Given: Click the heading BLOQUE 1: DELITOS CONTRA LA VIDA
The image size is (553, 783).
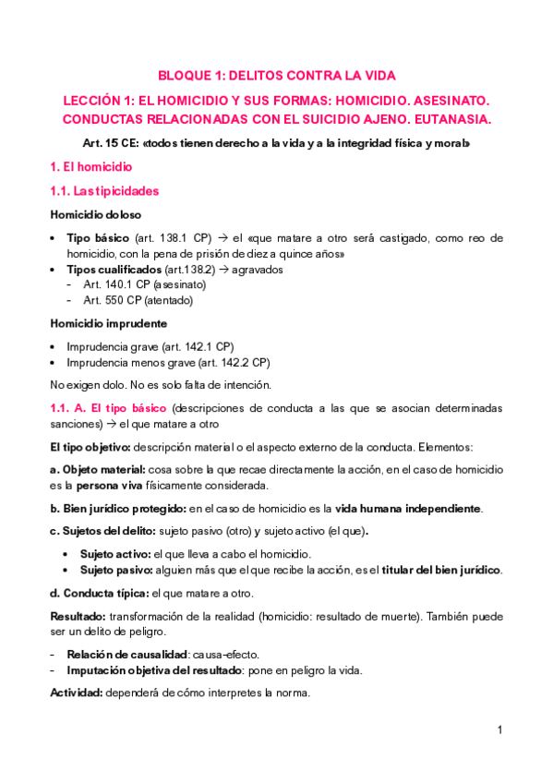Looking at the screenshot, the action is coord(277,76).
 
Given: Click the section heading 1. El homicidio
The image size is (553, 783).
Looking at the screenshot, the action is coord(90,167).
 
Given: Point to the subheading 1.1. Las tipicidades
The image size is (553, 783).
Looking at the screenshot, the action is coord(104,191).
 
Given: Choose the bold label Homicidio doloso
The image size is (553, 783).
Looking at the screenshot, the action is coord(96,214).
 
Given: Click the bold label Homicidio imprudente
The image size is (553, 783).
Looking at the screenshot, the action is coord(108,324).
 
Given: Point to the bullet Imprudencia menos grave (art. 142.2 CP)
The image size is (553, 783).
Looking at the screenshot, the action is coord(168,363).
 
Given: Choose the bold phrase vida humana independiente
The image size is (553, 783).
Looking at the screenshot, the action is coord(407,509).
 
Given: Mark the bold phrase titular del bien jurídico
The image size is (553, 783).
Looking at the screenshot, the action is coord(447,570).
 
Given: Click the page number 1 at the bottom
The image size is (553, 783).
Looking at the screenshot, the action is coord(499,730).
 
